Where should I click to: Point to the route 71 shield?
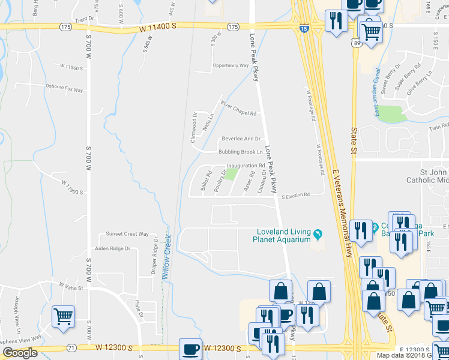point(71,347)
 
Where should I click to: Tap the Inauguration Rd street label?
point(246,166)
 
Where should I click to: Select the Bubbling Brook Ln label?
point(241,152)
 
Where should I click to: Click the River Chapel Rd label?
point(239,109)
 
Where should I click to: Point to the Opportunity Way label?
point(231,65)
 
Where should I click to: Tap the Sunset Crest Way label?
point(127,234)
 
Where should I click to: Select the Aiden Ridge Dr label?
point(112,248)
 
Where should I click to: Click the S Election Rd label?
point(296,195)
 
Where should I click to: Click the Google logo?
point(20,353)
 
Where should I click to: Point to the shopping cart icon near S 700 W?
point(63,316)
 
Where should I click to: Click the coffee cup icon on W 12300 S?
point(191,349)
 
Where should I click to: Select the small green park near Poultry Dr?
point(231,175)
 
